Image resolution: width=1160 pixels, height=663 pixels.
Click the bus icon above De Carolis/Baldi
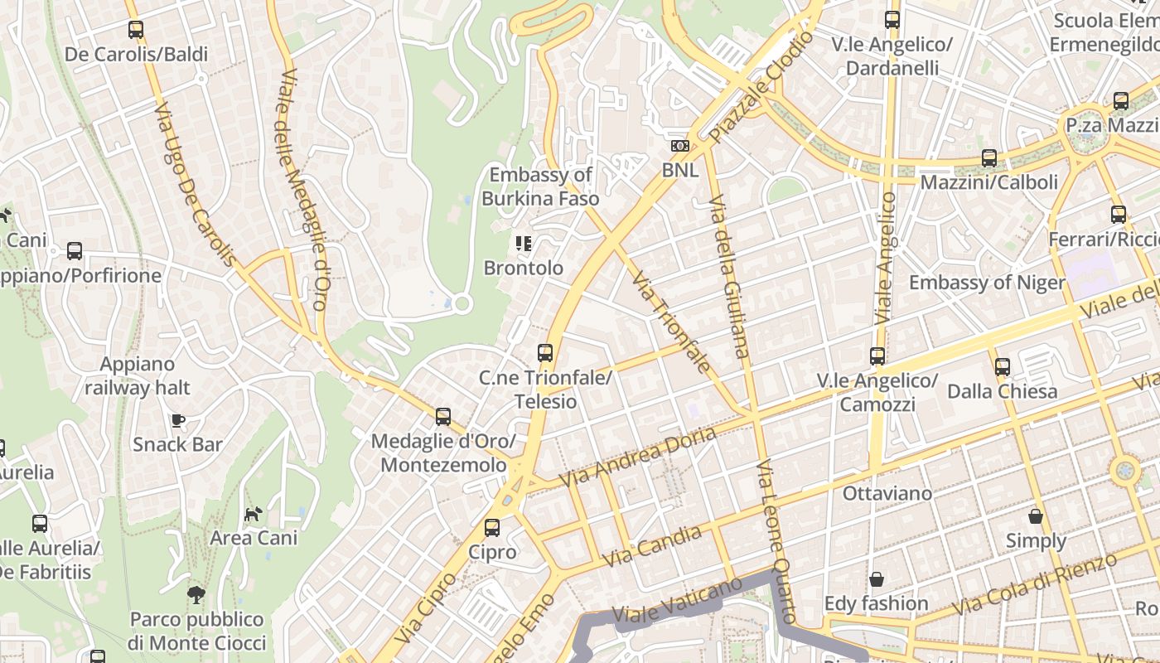(x=136, y=30)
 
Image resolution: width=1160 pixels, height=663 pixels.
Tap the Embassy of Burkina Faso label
(x=540, y=186)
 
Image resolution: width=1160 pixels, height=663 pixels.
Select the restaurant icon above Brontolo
(x=523, y=243)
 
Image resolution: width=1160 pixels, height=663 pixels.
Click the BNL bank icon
(x=679, y=146)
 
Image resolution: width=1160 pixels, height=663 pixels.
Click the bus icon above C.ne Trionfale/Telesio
(x=544, y=352)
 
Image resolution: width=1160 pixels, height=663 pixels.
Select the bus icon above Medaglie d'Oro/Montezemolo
(x=443, y=416)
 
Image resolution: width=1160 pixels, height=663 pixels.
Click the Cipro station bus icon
(x=492, y=527)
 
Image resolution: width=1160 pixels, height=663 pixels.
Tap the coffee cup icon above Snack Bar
(x=178, y=420)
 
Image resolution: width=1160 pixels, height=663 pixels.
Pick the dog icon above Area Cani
(x=253, y=514)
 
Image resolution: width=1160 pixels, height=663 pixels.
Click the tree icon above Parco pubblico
(x=196, y=593)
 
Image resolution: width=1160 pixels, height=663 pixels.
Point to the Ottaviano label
(x=887, y=493)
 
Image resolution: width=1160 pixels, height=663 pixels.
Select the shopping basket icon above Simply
(x=1036, y=516)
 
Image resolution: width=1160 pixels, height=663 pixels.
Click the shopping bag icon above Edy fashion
(x=876, y=578)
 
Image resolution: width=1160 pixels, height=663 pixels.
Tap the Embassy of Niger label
(x=987, y=283)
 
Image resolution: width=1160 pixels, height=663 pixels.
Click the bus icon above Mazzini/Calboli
(x=988, y=157)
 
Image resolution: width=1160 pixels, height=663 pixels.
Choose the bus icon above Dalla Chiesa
(x=1002, y=366)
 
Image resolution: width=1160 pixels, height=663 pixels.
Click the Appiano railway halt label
(x=137, y=375)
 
